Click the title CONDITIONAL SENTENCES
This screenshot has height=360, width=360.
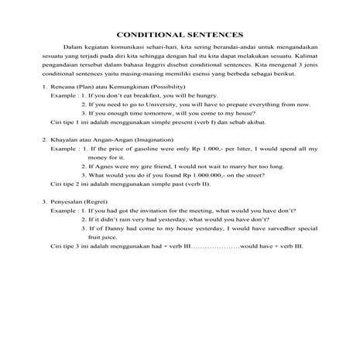(180, 35)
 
